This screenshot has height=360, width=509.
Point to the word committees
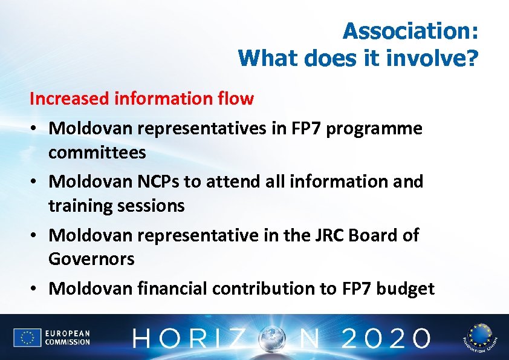coord(97,152)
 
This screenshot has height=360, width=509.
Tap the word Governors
coord(91,259)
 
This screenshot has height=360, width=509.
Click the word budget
coord(405,289)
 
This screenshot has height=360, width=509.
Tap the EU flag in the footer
coord(27,338)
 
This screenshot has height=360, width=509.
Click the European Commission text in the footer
coord(67,338)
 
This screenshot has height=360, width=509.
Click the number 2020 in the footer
coord(386,338)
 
